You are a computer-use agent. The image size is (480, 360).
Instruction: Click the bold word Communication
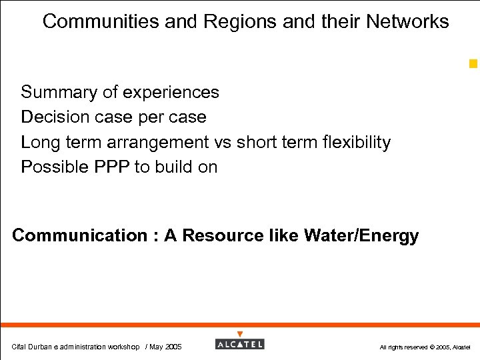coord(79,236)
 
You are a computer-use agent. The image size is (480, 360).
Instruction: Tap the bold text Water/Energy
coord(361,236)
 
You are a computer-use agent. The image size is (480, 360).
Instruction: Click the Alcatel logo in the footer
coord(240,344)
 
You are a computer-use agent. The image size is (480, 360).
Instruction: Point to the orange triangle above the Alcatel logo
coord(240,334)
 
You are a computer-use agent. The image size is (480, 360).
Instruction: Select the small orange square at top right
coord(473,64)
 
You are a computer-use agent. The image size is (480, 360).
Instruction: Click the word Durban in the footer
coord(40,347)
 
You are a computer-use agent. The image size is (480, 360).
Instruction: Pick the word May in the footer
coord(157,347)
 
